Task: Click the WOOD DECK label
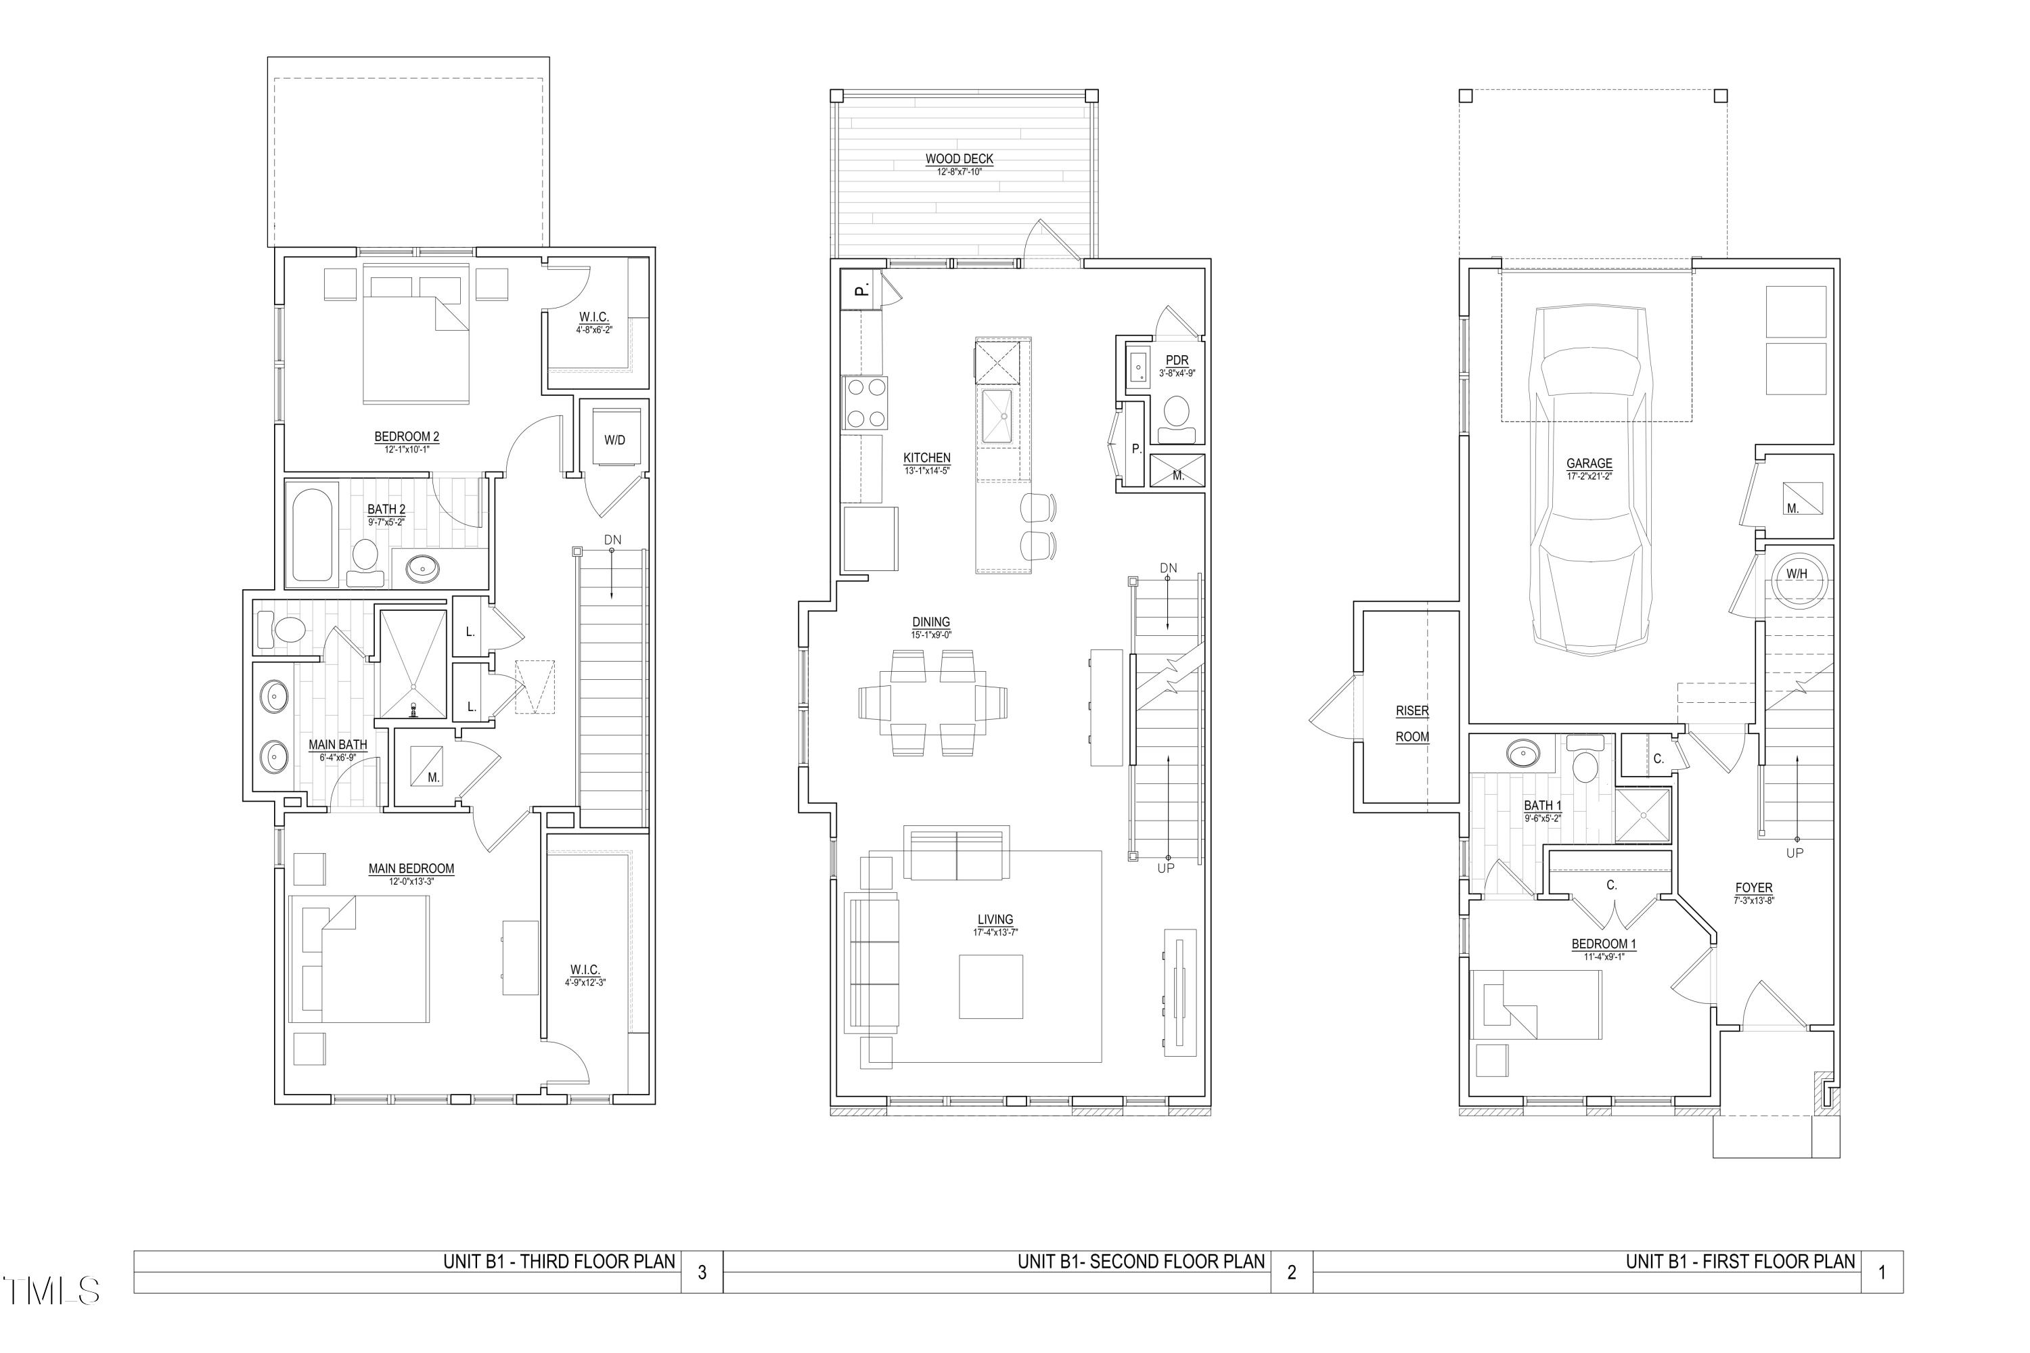click(x=959, y=159)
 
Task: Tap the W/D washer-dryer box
click(x=614, y=439)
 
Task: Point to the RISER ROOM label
click(x=1412, y=723)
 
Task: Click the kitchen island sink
click(x=1003, y=417)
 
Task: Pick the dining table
click(x=933, y=704)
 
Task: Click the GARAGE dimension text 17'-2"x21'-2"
click(x=1589, y=476)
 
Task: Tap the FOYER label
click(x=1753, y=887)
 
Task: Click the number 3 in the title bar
click(x=702, y=1272)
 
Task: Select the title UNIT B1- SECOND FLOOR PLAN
click(x=1140, y=1262)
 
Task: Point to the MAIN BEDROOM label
click(x=411, y=869)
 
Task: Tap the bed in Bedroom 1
click(x=1536, y=1003)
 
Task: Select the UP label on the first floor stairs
click(x=1795, y=853)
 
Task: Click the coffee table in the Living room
click(x=990, y=986)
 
